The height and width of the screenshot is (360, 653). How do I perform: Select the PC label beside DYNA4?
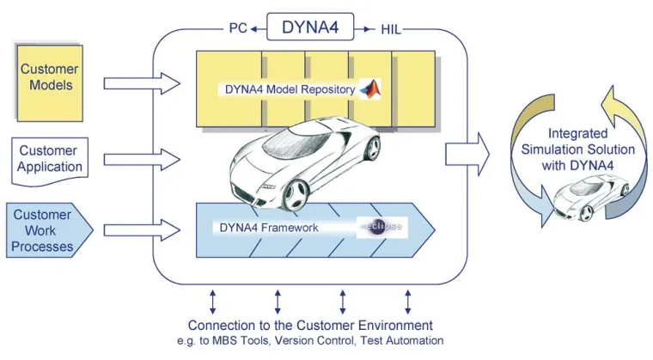(x=237, y=28)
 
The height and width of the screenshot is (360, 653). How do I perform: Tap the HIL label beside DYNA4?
(x=390, y=29)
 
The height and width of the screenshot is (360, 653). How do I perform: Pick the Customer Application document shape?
(x=50, y=159)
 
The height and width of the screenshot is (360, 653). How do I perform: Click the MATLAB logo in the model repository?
(x=369, y=88)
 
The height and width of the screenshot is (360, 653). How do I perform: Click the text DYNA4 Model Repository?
(x=289, y=88)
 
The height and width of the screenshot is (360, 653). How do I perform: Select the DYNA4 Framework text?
(x=267, y=228)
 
